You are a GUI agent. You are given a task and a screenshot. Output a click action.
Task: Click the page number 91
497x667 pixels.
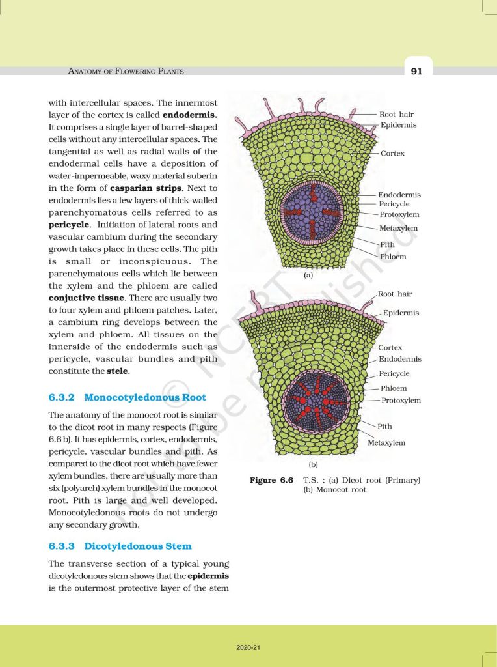pos(416,71)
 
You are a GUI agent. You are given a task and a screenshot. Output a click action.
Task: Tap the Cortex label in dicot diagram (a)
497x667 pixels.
pos(393,153)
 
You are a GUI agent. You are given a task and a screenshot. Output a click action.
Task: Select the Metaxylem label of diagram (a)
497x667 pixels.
pos(398,228)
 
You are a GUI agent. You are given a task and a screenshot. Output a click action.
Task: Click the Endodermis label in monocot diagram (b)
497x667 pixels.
pos(400,359)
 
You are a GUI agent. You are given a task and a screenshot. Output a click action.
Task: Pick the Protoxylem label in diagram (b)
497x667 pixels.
pos(401,401)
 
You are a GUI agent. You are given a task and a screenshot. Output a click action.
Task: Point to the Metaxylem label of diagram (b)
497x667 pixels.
pos(386,443)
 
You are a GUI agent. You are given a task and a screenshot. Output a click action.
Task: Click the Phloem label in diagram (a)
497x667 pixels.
pos(393,257)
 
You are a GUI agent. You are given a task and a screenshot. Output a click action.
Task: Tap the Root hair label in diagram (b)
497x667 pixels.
pos(395,294)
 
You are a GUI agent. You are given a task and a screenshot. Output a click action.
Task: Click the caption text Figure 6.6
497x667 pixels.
pos(272,481)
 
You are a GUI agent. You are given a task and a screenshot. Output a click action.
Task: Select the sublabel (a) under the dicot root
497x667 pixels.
pos(308,276)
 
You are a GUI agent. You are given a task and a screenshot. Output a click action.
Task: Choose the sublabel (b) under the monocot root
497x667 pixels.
pos(312,465)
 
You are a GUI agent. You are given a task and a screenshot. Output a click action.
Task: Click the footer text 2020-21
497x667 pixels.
pos(248,647)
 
